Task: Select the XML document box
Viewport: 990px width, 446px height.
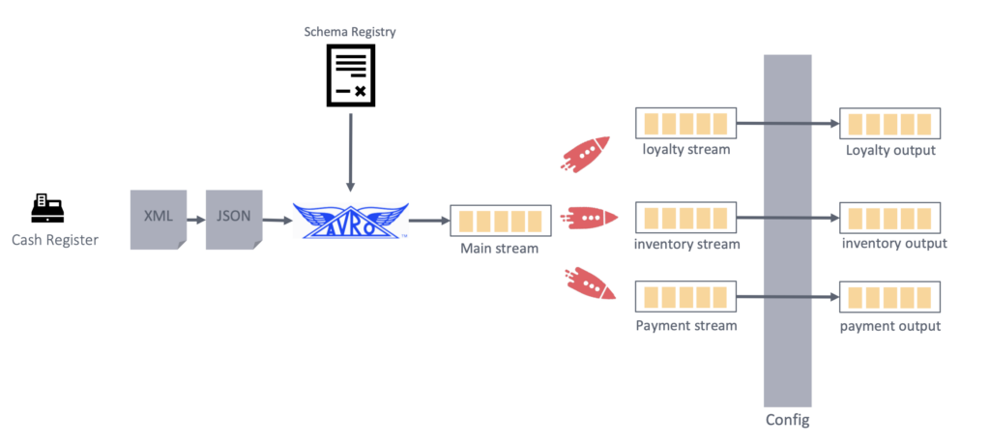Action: coord(159,219)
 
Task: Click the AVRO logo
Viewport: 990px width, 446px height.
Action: coord(350,220)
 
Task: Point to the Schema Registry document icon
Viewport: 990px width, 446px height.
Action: coord(350,76)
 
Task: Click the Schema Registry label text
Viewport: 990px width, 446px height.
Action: coord(350,32)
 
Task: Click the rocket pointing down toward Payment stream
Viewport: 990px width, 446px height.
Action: coord(586,282)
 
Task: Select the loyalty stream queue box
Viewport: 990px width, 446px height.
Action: coord(685,124)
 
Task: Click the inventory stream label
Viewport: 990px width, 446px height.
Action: coord(686,244)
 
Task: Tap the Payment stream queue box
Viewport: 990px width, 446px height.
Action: coord(685,296)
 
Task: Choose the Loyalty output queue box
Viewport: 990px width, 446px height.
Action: coord(889,124)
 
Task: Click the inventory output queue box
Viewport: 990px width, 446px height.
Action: coord(889,217)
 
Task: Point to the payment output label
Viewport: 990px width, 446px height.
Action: coord(889,326)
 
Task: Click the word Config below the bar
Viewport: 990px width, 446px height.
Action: coord(787,421)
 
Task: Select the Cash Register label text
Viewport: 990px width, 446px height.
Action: coord(55,240)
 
